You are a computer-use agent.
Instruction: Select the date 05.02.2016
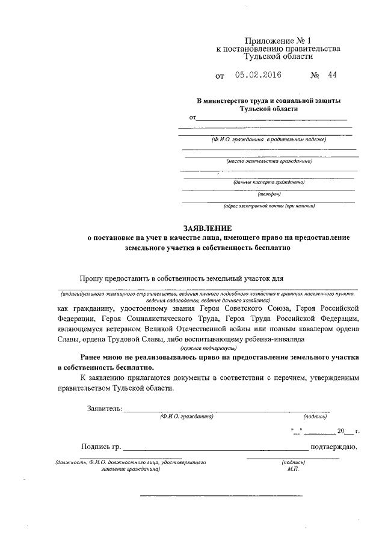pyautogui.click(x=258, y=76)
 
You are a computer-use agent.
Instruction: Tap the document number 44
pyautogui.click(x=333, y=76)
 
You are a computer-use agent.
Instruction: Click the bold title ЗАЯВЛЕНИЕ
pyautogui.click(x=208, y=228)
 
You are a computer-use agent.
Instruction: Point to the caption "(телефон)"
pyautogui.click(x=269, y=194)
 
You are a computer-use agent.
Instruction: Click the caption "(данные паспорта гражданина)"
pyautogui.click(x=269, y=182)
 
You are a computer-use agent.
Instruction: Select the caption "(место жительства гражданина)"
pyautogui.click(x=269, y=161)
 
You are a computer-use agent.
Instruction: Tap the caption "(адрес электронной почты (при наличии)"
pyautogui.click(x=269, y=206)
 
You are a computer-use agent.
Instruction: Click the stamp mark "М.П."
pyautogui.click(x=293, y=468)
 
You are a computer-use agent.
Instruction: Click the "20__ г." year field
pyautogui.click(x=348, y=431)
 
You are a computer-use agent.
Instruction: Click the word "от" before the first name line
pyautogui.click(x=193, y=117)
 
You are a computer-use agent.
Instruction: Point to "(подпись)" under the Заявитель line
pyautogui.click(x=315, y=416)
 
